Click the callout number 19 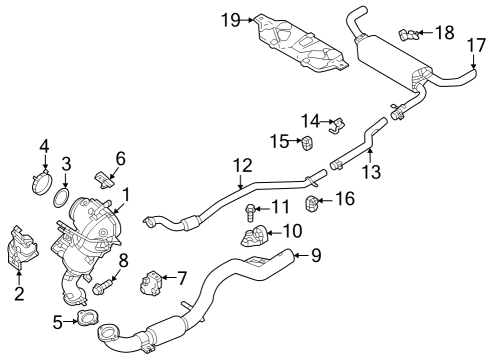(x=230, y=19)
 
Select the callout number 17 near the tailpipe (x=475, y=44)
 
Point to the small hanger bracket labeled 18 (x=407, y=34)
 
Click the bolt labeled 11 (x=247, y=210)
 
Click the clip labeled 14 (x=336, y=125)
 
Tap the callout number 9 (x=316, y=256)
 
